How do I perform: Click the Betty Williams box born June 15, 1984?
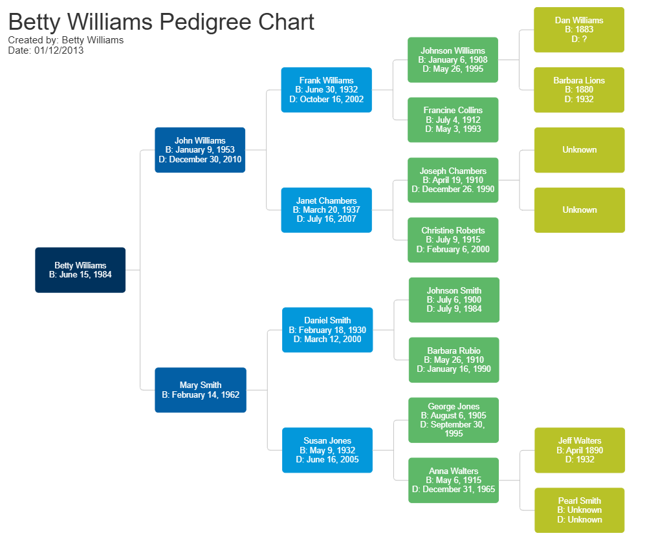click(80, 270)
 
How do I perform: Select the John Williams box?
click(200, 149)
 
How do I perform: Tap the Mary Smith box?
click(200, 390)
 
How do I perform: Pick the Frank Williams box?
click(326, 90)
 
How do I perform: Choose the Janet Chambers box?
click(326, 210)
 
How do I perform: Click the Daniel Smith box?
click(327, 330)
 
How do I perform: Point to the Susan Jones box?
click(327, 450)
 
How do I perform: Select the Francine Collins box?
click(453, 120)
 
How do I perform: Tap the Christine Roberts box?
click(453, 240)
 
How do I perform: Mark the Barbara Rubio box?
click(454, 360)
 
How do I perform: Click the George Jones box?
click(454, 420)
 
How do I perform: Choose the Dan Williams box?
click(579, 30)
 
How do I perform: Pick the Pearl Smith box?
click(580, 510)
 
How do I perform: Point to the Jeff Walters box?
click(580, 450)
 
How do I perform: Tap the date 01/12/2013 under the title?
click(59, 50)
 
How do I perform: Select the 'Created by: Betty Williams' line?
click(66, 40)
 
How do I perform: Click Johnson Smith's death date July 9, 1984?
click(459, 309)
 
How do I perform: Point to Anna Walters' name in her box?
click(454, 471)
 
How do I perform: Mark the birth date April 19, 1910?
click(459, 180)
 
